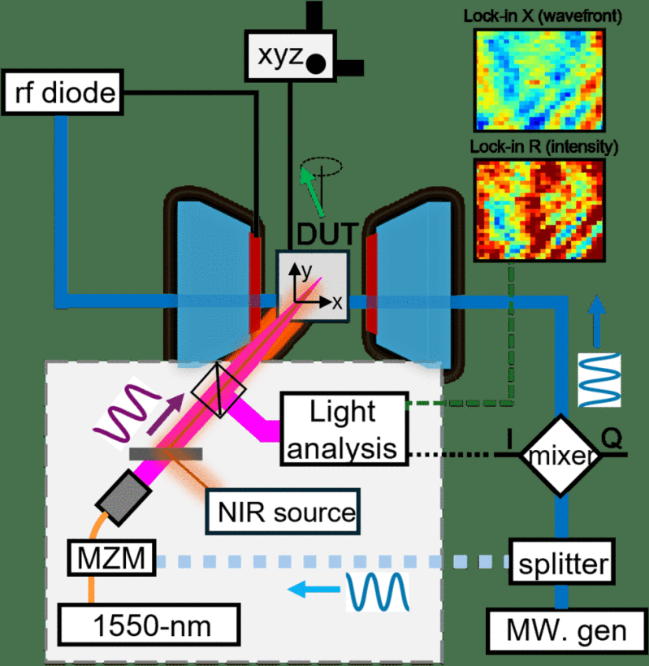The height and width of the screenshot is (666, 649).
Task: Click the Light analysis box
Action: [x=342, y=429]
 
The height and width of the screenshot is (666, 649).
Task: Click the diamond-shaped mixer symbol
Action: [x=561, y=456]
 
